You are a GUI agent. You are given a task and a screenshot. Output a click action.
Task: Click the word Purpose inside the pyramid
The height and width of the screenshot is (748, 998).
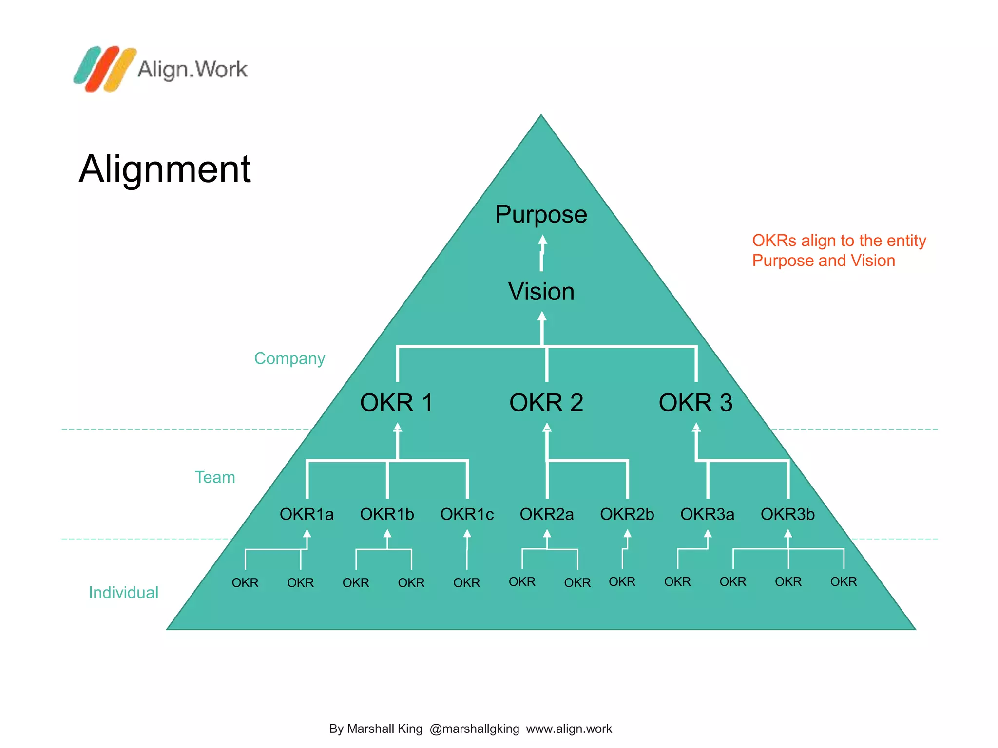[541, 215]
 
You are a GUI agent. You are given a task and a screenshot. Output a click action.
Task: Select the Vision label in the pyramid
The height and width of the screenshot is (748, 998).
[541, 292]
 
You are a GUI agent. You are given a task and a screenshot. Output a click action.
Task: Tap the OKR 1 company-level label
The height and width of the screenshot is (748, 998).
[396, 403]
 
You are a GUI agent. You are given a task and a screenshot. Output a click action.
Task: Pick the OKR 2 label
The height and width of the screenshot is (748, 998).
[546, 403]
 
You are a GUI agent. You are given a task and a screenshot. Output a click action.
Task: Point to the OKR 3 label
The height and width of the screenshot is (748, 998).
[695, 403]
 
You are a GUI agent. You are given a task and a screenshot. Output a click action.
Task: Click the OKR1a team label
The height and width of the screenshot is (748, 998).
[307, 514]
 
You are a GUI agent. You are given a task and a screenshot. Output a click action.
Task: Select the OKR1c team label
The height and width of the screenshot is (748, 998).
[467, 514]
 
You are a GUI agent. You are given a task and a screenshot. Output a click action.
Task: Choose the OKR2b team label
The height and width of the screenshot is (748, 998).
[627, 514]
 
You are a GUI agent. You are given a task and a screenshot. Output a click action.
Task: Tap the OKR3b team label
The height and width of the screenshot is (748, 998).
[787, 514]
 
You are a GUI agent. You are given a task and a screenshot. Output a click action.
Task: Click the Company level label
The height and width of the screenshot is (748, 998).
[289, 358]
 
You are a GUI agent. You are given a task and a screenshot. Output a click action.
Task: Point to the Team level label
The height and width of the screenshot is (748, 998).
[215, 477]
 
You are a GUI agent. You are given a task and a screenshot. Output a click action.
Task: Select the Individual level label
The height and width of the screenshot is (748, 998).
[123, 593]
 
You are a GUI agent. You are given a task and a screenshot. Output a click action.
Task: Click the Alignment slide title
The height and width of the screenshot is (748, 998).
[165, 169]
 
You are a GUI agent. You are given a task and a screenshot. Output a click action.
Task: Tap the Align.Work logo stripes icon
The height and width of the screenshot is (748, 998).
[104, 69]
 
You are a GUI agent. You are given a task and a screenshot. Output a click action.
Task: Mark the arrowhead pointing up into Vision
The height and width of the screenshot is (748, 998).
[542, 316]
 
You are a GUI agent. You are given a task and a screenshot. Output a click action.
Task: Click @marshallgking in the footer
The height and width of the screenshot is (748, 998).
[474, 729]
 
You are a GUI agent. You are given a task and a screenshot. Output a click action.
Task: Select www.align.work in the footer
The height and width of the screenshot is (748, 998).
[569, 729]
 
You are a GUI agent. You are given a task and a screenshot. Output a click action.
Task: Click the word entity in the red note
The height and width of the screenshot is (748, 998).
[906, 241]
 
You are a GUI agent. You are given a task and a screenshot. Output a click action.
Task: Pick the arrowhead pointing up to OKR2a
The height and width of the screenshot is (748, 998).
[547, 534]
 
